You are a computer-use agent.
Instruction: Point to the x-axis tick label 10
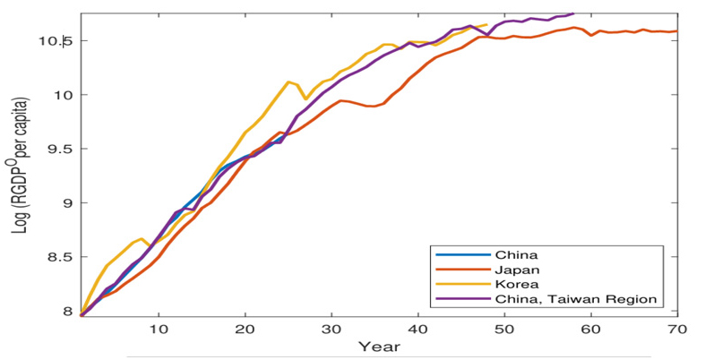[159, 330]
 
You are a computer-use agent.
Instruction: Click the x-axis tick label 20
[245, 330]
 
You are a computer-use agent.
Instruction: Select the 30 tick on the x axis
[331, 330]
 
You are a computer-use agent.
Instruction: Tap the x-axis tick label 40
[417, 330]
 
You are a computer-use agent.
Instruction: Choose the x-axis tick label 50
[504, 330]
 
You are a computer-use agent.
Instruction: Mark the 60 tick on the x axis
[590, 330]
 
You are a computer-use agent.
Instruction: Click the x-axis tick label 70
[676, 330]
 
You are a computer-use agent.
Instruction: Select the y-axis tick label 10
[65, 95]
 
